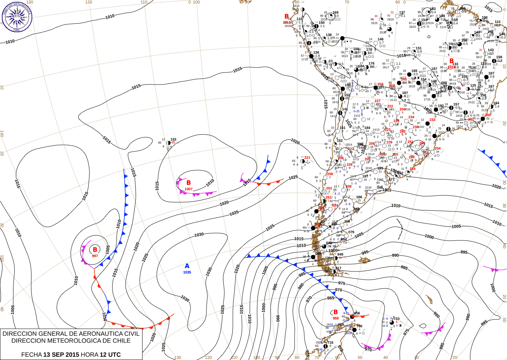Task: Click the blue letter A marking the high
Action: (x=187, y=266)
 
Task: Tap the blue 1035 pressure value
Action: (x=187, y=272)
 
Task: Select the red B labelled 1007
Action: (x=189, y=183)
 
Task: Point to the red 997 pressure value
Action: (x=95, y=256)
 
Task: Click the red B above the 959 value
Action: (x=336, y=312)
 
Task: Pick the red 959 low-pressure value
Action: (x=336, y=318)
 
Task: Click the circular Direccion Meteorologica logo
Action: (x=17, y=17)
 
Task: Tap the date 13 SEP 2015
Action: (x=61, y=355)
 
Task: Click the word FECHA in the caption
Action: (x=31, y=355)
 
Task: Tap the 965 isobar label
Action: (x=330, y=298)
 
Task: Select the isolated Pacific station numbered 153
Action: (x=169, y=143)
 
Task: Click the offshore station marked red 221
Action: (x=303, y=161)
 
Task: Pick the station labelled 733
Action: (x=392, y=322)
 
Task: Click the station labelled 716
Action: (x=326, y=346)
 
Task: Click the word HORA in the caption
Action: (x=90, y=355)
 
